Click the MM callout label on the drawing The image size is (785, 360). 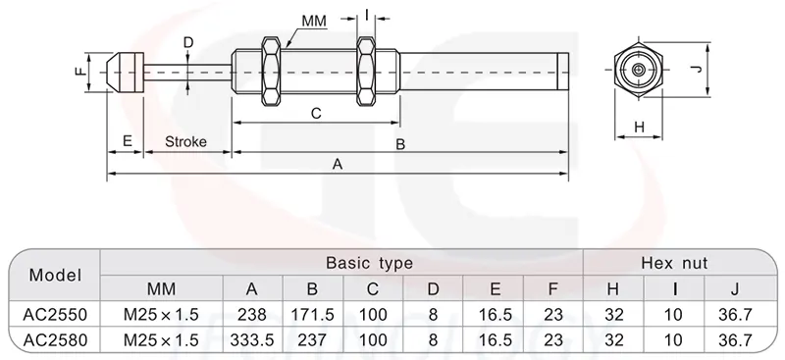tap(314, 21)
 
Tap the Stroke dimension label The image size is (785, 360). tap(185, 141)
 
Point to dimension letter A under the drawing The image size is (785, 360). tap(338, 164)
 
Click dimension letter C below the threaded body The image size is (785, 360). tap(316, 114)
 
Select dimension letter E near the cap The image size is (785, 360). tap(128, 140)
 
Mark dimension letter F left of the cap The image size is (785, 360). tap(80, 73)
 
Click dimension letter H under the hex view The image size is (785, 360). tap(640, 128)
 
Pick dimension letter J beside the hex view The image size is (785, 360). tap(699, 69)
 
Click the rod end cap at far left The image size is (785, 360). tap(126, 73)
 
